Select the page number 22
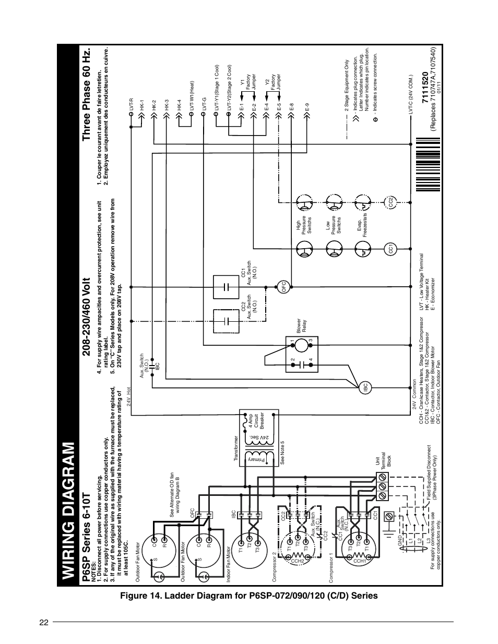(43, 622)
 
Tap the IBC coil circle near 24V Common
(366, 387)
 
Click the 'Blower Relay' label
(302, 325)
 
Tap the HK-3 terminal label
(167, 104)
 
